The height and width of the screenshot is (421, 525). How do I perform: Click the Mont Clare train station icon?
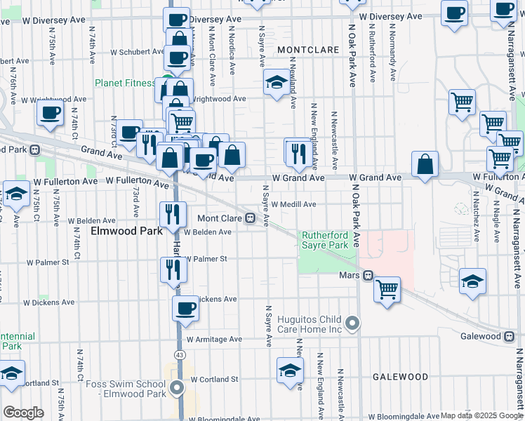pyautogui.click(x=250, y=218)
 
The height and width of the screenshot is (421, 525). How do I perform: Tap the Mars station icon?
pyautogui.click(x=367, y=276)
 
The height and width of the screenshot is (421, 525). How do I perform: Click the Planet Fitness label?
pyautogui.click(x=125, y=83)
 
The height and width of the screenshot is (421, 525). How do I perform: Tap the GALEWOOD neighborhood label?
pyautogui.click(x=400, y=377)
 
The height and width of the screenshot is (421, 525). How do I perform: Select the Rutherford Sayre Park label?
pyautogui.click(x=325, y=241)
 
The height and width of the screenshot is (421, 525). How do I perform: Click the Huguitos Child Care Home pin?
pyautogui.click(x=352, y=324)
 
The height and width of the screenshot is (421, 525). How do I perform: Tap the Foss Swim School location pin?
pyautogui.click(x=177, y=388)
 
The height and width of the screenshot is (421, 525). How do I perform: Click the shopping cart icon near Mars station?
pyautogui.click(x=387, y=289)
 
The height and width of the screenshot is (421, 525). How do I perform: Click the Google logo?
pyautogui.click(x=23, y=412)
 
